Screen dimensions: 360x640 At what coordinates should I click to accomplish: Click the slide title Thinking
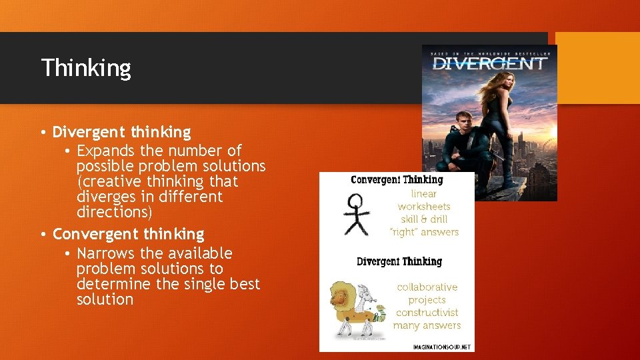[x=86, y=68]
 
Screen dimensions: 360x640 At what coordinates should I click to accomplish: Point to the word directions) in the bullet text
[x=114, y=212]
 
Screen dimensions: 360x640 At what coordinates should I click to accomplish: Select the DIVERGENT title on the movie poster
[x=489, y=64]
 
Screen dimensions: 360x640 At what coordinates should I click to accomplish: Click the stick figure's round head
[x=356, y=201]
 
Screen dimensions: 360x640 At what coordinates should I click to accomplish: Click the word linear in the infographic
[x=423, y=194]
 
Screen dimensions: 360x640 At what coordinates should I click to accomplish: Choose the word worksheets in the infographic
[x=424, y=207]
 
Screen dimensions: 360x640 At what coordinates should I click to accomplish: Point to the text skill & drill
[x=424, y=219]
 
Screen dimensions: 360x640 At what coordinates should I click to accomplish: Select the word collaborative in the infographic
[x=427, y=287]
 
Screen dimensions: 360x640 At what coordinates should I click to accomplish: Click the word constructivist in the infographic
[x=427, y=313]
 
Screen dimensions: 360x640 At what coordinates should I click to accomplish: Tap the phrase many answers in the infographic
[x=427, y=325]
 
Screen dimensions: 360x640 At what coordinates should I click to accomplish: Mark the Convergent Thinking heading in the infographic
[x=397, y=180]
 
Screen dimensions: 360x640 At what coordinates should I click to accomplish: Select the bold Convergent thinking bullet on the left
[x=128, y=234]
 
